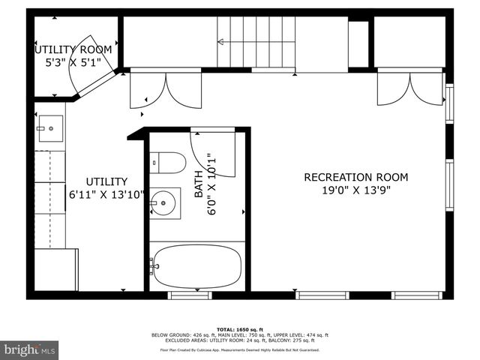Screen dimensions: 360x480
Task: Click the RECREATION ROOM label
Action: (x=355, y=177)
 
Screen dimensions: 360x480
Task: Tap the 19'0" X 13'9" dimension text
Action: (x=355, y=190)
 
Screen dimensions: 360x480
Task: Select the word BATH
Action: (x=199, y=183)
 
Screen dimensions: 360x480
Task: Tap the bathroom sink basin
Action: (x=163, y=202)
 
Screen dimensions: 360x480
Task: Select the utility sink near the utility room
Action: (x=49, y=128)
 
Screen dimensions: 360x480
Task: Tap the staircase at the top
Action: (x=256, y=42)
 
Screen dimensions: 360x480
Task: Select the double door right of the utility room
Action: (x=166, y=88)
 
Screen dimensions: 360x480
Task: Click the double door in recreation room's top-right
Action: (x=409, y=88)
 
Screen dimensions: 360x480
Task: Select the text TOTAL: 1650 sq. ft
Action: (x=239, y=329)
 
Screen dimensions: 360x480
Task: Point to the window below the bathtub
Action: (x=190, y=295)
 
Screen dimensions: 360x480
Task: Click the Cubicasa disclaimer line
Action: (x=239, y=349)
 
